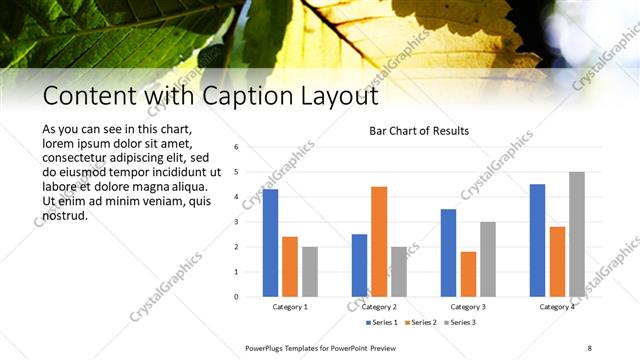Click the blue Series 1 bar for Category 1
[270, 242]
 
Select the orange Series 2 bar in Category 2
[378, 241]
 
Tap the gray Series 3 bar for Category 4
[577, 234]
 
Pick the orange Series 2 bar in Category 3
[467, 273]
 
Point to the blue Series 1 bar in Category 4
[538, 240]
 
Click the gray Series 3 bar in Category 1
[310, 271]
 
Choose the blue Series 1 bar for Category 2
[359, 265]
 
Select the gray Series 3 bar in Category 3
[487, 259]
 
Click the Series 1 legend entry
[384, 322]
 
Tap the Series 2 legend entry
[421, 322]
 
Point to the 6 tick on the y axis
[236, 147]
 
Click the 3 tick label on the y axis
[236, 222]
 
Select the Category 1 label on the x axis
[290, 306]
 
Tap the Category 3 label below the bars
[468, 306]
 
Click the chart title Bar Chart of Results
[419, 130]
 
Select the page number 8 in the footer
[589, 347]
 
